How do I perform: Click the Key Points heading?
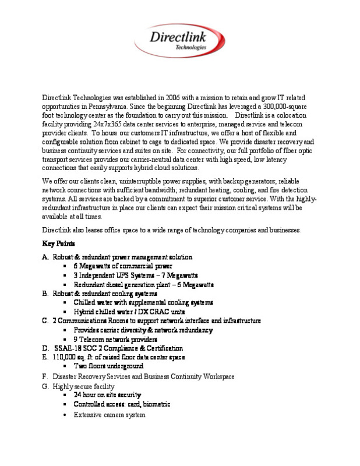pos(58,242)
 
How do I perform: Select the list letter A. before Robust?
pos(45,257)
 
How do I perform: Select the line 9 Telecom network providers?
pos(115,338)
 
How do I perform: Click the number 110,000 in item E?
pos(64,356)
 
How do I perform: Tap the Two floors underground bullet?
pos(108,366)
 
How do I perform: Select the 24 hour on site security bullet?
pos(107,395)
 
